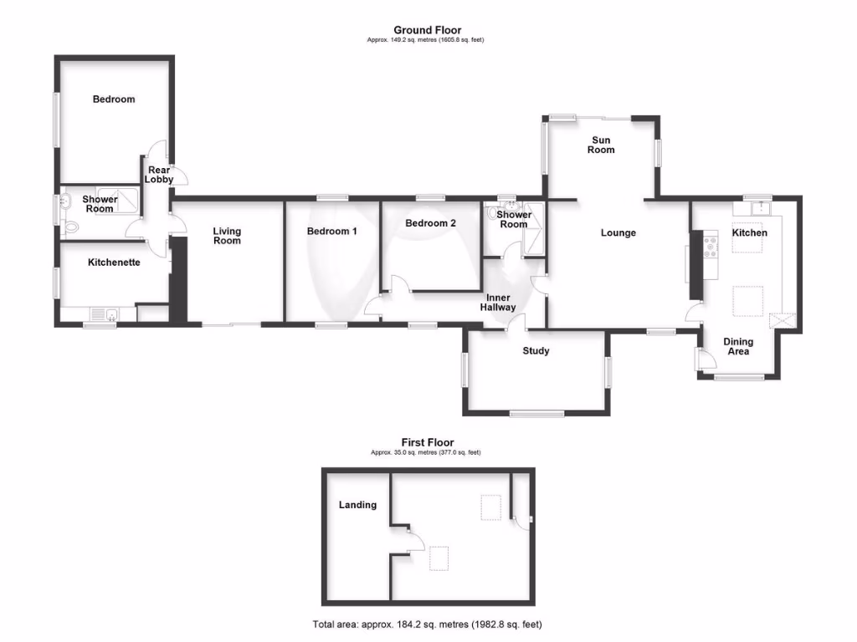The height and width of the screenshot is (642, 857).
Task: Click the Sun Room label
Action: pos(601,145)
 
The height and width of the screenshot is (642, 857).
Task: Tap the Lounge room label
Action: pos(618,232)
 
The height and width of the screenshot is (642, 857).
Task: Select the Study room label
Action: pos(536,350)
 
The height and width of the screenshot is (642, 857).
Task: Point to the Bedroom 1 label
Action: pos(332,231)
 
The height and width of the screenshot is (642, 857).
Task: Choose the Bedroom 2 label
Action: pos(430,223)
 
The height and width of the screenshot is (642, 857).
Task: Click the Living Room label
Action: pos(227,236)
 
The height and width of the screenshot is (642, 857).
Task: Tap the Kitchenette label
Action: pos(114,262)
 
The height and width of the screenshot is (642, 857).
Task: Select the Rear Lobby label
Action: pos(159,175)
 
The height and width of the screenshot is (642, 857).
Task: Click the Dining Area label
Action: pos(738,346)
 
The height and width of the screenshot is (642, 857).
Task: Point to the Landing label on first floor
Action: pos(357,504)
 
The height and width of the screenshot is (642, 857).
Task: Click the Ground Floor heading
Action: pos(427,30)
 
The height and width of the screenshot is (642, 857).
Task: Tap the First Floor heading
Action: pos(427,442)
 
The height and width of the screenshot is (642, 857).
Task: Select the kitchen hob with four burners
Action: pos(711,246)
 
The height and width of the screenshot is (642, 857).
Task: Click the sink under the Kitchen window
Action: pos(761,208)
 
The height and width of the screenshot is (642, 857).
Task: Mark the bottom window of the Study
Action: pos(536,413)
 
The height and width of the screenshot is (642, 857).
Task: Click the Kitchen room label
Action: pos(749,232)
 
